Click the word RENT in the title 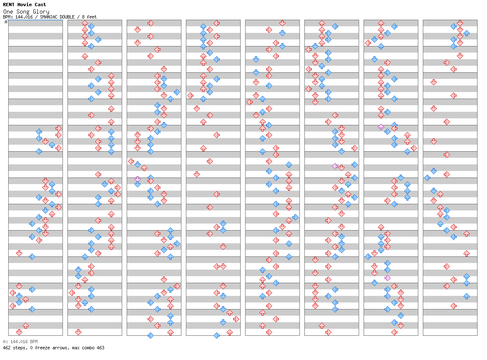(9, 5)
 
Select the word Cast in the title (40, 5)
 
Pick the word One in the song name (8, 12)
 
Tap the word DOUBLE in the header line (67, 17)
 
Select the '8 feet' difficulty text (89, 17)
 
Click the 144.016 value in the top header (24, 17)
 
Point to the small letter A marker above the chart (6, 22)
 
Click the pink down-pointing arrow (138, 179)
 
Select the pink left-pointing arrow (335, 166)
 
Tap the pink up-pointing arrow (381, 127)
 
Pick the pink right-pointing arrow (387, 278)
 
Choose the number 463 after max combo (100, 348)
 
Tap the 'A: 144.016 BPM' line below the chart (20, 342)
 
